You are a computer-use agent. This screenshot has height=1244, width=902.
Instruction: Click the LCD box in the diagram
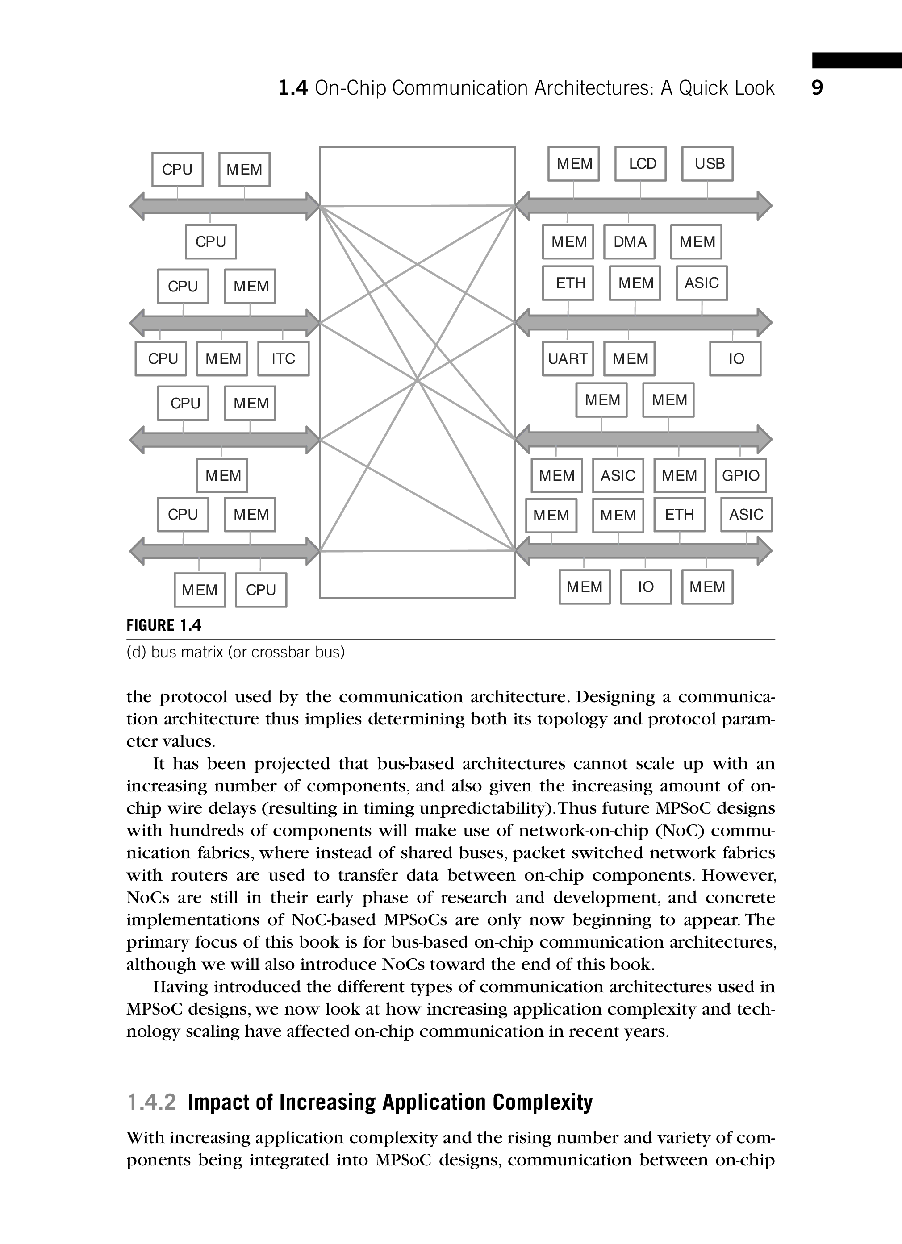click(x=640, y=163)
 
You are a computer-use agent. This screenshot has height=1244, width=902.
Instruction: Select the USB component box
click(x=707, y=163)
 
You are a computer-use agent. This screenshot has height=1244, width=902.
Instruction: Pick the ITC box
click(x=283, y=359)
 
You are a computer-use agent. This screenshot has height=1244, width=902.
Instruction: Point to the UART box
click(x=568, y=359)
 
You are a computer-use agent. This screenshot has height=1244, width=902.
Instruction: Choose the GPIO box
click(x=741, y=475)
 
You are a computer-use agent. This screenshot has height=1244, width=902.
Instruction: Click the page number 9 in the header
click(x=817, y=88)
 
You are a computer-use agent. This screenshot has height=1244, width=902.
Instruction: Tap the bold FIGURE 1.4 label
click(x=164, y=625)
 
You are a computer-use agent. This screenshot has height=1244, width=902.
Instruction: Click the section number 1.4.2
click(x=151, y=1102)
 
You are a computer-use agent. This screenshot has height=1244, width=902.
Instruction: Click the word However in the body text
click(x=739, y=876)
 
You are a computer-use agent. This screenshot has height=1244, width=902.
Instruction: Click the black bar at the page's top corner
click(x=857, y=60)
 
